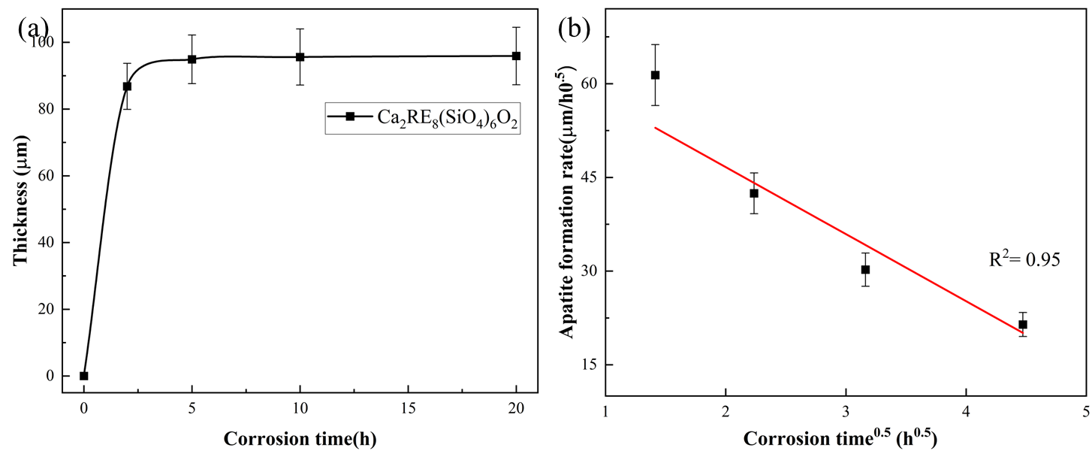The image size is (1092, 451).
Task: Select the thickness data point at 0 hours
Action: tap(84, 376)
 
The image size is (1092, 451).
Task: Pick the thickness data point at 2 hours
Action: tap(127, 86)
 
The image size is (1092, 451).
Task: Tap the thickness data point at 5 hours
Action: tap(192, 59)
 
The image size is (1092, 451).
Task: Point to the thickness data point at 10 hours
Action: tap(300, 57)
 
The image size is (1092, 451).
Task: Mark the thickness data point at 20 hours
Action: tap(516, 56)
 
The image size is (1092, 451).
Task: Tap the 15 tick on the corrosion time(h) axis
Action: tap(408, 412)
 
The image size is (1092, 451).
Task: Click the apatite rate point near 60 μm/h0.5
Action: tap(655, 75)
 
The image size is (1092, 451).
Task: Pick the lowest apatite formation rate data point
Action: tap(1023, 325)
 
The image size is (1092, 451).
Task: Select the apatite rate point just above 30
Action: tap(865, 269)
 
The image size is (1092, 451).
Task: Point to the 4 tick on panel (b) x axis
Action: tap(966, 412)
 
